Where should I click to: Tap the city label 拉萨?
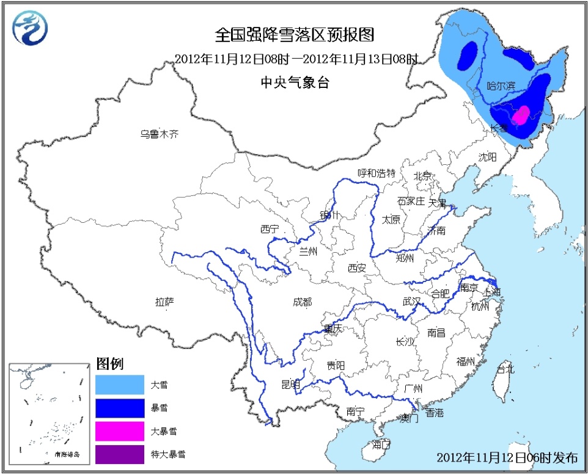(x=164, y=301)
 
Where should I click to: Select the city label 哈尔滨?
(x=500, y=87)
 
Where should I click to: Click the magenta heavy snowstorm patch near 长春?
(x=521, y=114)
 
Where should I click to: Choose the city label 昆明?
(x=291, y=384)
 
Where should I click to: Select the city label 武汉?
(x=411, y=301)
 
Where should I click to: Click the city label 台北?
(x=505, y=369)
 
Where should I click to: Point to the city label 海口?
(x=381, y=444)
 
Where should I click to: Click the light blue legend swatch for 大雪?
(x=120, y=385)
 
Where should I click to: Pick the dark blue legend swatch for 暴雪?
(x=120, y=408)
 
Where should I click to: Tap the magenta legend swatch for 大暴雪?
(x=120, y=431)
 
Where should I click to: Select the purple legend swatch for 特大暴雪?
(x=120, y=454)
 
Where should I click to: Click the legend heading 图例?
(x=110, y=364)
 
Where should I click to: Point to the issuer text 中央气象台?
(x=295, y=82)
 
